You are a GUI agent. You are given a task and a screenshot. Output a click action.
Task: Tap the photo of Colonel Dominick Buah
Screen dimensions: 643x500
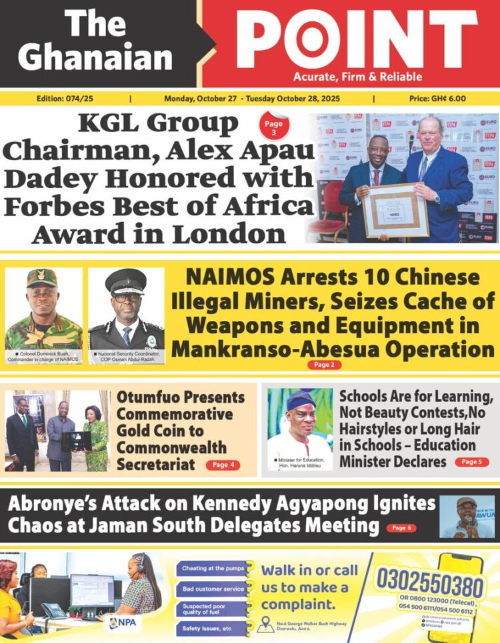(43, 309)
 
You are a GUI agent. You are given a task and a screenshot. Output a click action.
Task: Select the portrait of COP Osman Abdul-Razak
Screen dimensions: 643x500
(126, 309)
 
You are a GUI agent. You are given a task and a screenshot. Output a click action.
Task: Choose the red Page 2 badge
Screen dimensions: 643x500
(325, 365)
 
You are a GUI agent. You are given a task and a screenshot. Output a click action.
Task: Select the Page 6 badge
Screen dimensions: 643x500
(401, 528)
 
